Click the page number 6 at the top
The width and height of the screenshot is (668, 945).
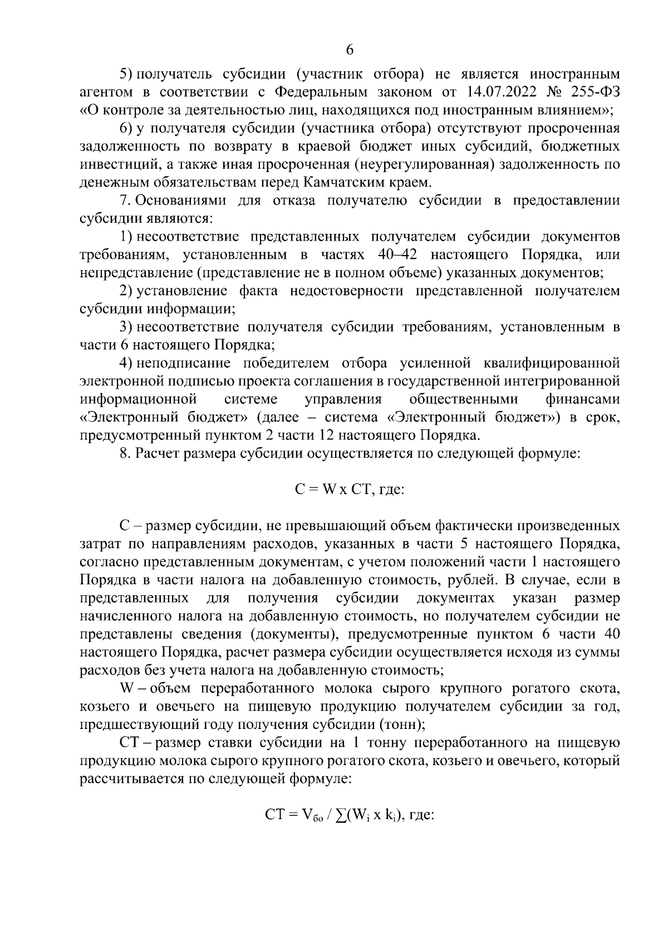coord(350,50)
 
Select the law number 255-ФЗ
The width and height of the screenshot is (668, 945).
coord(592,91)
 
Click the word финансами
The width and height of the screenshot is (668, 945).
coord(583,400)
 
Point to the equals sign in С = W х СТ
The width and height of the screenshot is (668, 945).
coord(313,490)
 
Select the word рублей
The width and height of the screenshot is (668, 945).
coord(471,580)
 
